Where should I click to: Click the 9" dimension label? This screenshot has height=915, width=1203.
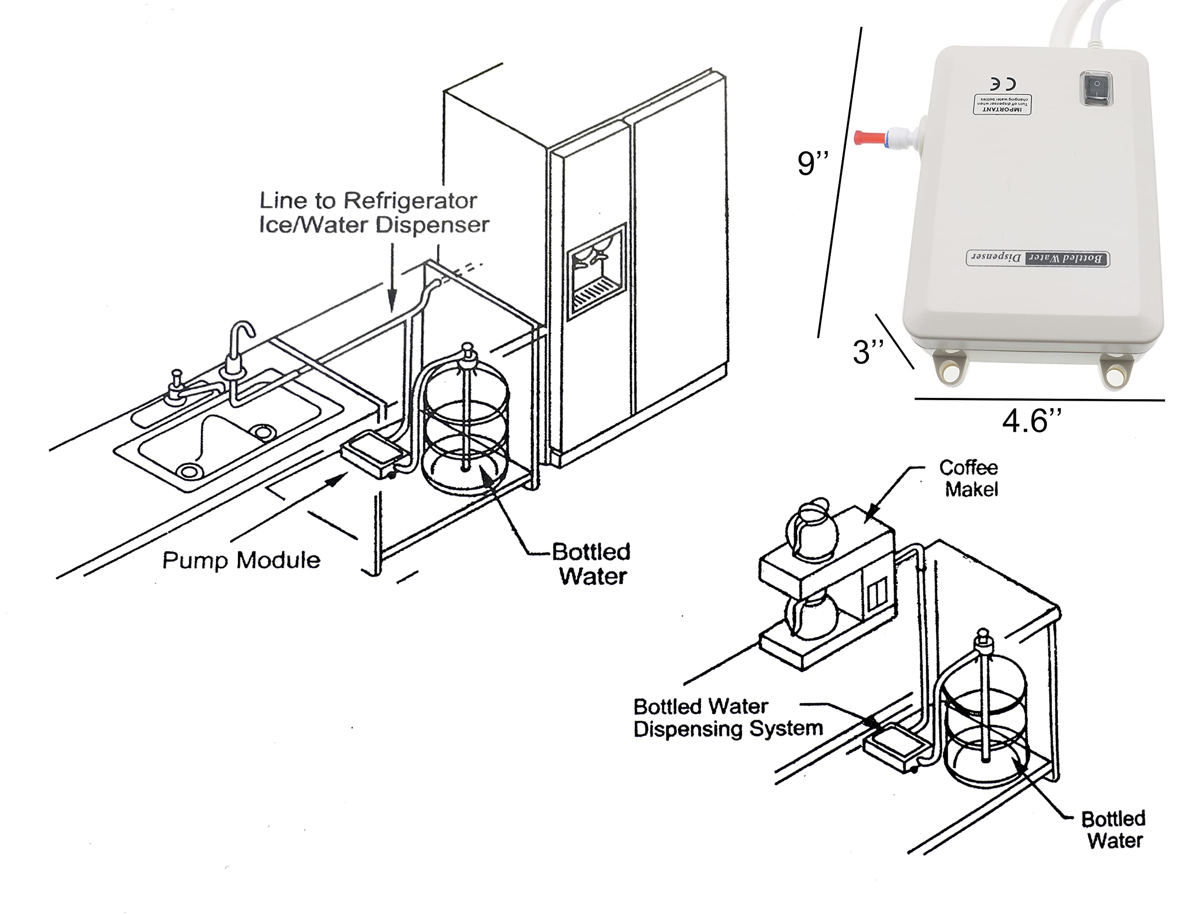tap(812, 163)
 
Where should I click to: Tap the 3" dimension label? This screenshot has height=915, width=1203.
tap(868, 352)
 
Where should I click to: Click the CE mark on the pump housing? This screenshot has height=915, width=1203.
tap(1003, 83)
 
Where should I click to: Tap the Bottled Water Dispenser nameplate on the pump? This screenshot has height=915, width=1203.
tap(1038, 258)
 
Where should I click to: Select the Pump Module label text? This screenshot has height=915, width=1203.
tap(242, 560)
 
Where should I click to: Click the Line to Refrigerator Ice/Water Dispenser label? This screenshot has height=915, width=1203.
tap(374, 213)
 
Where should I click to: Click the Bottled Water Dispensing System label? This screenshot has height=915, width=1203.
tap(727, 718)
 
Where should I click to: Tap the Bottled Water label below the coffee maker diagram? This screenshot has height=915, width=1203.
tap(1114, 830)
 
